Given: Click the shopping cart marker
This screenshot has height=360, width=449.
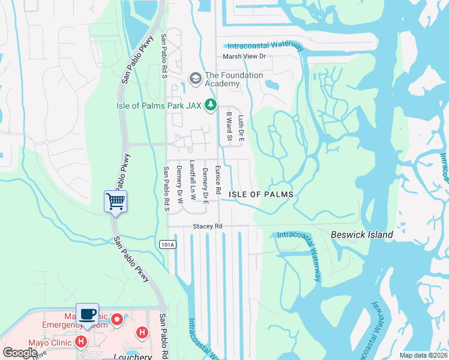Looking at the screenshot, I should tap(115, 201).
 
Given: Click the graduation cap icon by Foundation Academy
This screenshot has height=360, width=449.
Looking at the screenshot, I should tap(195, 78).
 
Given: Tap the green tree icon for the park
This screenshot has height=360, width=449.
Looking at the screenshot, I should tap(210, 106).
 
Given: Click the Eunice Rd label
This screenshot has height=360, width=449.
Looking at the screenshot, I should tap(218, 179).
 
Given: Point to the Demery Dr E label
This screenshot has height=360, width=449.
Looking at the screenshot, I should tap(205, 185).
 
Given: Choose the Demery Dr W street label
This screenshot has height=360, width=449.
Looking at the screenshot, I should tap(179, 182).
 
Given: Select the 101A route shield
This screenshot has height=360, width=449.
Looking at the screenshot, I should tap(167, 244).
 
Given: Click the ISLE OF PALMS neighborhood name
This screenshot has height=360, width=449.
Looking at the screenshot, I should tap(261, 195).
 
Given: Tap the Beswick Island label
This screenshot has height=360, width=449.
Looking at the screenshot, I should tap(362, 235).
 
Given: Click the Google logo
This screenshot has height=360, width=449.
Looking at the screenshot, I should tap(20, 353).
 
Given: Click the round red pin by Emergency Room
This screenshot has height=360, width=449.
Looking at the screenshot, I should tap(118, 319).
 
